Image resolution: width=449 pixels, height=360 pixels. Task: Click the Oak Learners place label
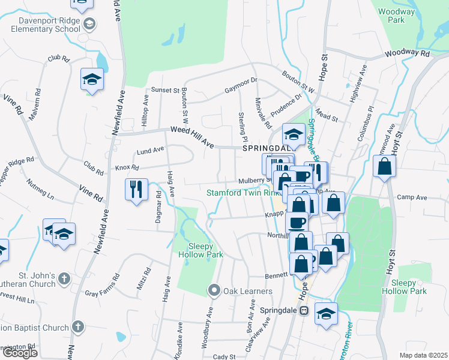pyautogui.click(x=248, y=291)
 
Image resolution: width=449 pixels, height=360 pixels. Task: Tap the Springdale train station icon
pyautogui.click(x=304, y=310)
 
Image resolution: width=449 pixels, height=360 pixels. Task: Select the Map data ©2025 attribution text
pyautogui.click(x=424, y=355)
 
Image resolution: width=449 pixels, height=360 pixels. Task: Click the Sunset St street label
pyautogui.click(x=168, y=91)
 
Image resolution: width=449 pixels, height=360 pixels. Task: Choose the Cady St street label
pyautogui.click(x=224, y=357)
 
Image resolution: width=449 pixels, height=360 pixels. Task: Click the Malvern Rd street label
pyautogui.click(x=34, y=104)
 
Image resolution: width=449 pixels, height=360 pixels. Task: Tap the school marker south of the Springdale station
pyautogui.click(x=326, y=314)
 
